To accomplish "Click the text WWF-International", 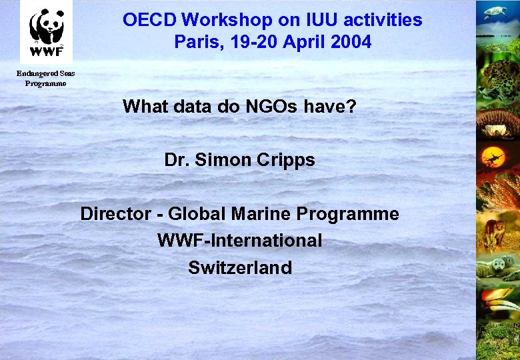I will click(239, 241).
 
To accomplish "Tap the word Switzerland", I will click(240, 268).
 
